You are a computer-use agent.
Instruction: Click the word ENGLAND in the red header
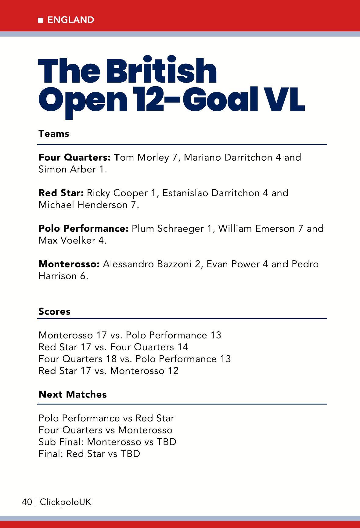pyautogui.click(x=71, y=20)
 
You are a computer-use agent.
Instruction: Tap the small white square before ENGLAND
pyautogui.click(x=41, y=20)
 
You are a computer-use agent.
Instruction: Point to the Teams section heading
pyautogui.click(x=54, y=134)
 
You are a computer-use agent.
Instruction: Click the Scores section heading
pyautogui.click(x=54, y=312)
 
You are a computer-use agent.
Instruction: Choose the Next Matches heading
pyautogui.click(x=73, y=394)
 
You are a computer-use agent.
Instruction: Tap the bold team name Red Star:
pyautogui.click(x=61, y=193)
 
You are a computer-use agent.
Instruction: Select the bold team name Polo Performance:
pyautogui.click(x=83, y=229)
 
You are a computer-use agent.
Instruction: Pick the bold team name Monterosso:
pyautogui.click(x=69, y=264)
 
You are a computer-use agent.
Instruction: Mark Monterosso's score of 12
pyautogui.click(x=172, y=371)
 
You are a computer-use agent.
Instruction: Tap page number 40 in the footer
pyautogui.click(x=27, y=502)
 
